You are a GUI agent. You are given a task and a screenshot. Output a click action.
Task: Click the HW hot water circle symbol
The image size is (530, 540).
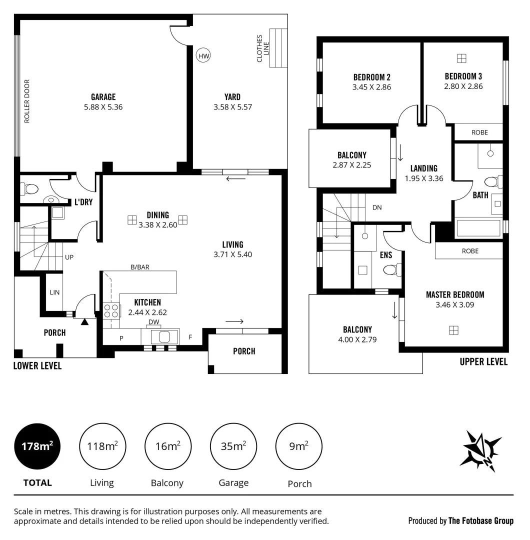pos(203,56)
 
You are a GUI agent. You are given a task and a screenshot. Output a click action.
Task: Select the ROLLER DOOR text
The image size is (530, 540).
pos(27,101)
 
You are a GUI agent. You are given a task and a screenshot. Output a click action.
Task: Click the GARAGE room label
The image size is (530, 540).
pos(103,97)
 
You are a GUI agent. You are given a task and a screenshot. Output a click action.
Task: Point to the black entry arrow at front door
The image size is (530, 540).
pos(84,321)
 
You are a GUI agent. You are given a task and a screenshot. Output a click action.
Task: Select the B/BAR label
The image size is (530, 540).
pos(139,267)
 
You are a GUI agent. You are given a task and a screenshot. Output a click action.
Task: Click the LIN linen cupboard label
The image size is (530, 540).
pos(54,292)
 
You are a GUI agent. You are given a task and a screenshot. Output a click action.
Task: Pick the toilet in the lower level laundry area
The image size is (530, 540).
pos(30,189)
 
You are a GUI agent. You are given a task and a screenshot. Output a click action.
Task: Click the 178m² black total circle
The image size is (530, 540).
pos(37,446)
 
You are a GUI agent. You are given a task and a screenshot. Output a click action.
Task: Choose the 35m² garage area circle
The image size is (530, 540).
pos(234,446)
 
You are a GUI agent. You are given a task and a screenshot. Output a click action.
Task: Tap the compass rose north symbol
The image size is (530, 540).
pos(480,450)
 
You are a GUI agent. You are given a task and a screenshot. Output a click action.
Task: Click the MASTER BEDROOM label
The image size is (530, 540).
pos(454,294)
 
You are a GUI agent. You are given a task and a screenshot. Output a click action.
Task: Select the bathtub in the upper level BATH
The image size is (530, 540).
pos(479,229)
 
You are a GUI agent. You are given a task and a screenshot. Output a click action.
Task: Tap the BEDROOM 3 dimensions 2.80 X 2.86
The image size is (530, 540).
pos(463,86)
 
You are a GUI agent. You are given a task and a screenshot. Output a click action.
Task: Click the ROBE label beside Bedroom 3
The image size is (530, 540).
pos(479,132)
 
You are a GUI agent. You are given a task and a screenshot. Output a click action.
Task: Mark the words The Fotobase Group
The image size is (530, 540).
pos(480,521)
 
